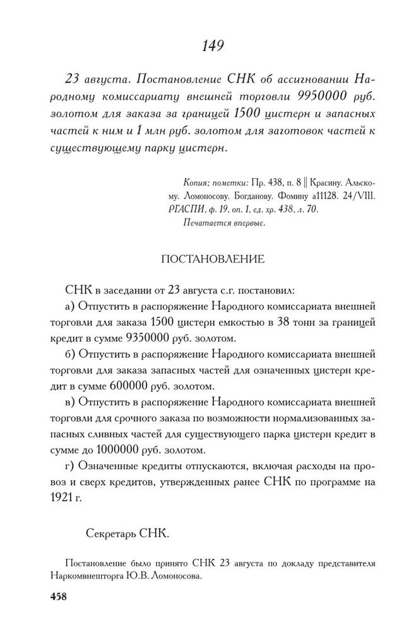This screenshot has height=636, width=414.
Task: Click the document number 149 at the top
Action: coord(211,45)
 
